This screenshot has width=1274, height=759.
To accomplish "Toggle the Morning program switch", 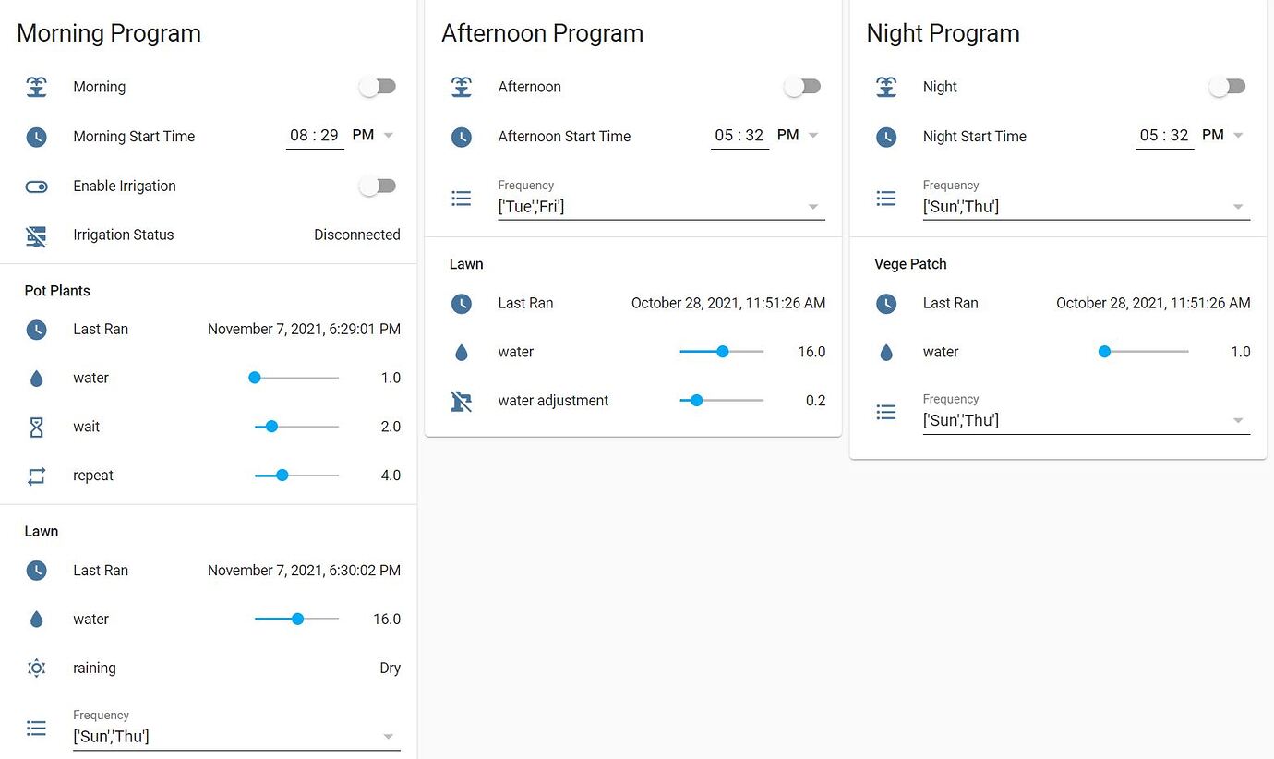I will (378, 87).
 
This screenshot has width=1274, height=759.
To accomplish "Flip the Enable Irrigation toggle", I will (378, 186).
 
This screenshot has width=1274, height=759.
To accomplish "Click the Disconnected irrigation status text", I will (356, 235).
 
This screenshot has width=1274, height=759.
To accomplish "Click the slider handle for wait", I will (271, 427).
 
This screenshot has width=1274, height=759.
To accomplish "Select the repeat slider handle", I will (282, 476).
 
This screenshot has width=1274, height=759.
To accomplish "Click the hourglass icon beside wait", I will (36, 427).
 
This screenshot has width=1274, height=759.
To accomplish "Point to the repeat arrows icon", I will (36, 476).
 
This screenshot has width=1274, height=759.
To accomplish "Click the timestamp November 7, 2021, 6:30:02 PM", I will (304, 571).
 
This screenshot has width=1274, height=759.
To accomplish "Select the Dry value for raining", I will (390, 669).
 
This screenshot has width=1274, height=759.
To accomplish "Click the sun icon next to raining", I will (36, 669).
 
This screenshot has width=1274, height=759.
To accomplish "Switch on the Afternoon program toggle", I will (802, 87).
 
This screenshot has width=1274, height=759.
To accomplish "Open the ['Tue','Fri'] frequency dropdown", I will (660, 207).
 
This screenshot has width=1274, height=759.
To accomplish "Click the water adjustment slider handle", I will (697, 401).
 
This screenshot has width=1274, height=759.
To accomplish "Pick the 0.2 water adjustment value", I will (814, 401).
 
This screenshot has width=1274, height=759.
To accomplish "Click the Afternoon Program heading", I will (542, 33).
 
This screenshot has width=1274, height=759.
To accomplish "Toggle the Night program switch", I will (1227, 87).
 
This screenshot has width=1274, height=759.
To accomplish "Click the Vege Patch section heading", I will (910, 264).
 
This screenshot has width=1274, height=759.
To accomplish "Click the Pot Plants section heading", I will (57, 291).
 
